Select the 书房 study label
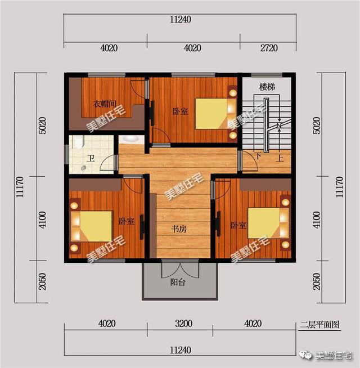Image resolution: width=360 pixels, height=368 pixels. coord(179,229)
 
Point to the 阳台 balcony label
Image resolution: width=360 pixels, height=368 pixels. coord(178,282)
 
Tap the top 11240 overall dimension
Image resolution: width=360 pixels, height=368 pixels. coord(180,19)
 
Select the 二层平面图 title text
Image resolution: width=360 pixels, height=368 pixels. coord(319,324)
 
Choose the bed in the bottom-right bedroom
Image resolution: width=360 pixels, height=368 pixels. coord(264,223)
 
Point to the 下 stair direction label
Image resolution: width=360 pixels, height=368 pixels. coord(258,155)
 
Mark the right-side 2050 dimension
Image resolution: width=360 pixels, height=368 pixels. coord(316,280)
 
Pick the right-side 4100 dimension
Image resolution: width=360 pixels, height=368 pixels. coord(316,218)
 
